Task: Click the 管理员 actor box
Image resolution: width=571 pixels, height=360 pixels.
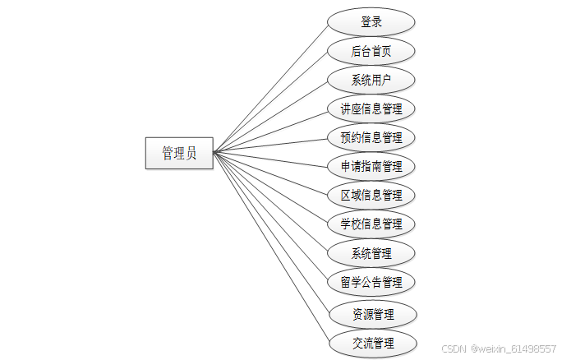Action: tap(179, 153)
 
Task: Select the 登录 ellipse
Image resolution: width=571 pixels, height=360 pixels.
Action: tap(371, 22)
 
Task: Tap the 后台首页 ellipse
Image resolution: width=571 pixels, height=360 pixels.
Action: tap(371, 51)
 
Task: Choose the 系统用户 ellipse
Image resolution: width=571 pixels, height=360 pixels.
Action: tap(371, 80)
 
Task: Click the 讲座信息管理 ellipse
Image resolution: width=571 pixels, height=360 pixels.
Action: tap(371, 108)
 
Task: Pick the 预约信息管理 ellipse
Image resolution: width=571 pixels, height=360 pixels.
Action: tap(371, 137)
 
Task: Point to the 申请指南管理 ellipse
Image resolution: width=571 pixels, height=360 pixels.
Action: tap(371, 166)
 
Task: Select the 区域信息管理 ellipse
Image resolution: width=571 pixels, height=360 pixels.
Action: tap(371, 195)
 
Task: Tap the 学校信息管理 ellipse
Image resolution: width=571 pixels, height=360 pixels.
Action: tap(371, 224)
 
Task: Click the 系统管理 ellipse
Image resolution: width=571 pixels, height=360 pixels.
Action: tap(371, 252)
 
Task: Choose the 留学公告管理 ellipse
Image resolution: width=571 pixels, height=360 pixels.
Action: tap(371, 282)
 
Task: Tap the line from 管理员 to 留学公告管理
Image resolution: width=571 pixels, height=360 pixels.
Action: tap(271, 217)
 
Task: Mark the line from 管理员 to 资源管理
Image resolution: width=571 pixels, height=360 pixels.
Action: tap(271, 232)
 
